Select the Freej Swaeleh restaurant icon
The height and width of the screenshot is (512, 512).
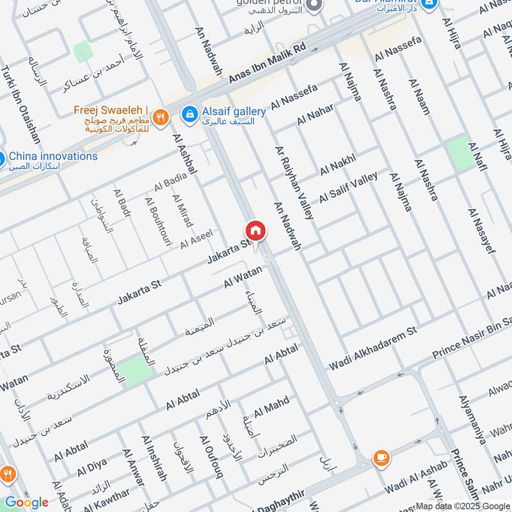[x=161, y=117]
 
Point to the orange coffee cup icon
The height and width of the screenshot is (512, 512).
[x=381, y=458]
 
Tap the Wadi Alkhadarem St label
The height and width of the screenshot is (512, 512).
[x=372, y=347]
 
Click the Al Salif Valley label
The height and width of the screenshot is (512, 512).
[x=349, y=187]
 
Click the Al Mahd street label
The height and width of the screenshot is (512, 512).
[x=271, y=406]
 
